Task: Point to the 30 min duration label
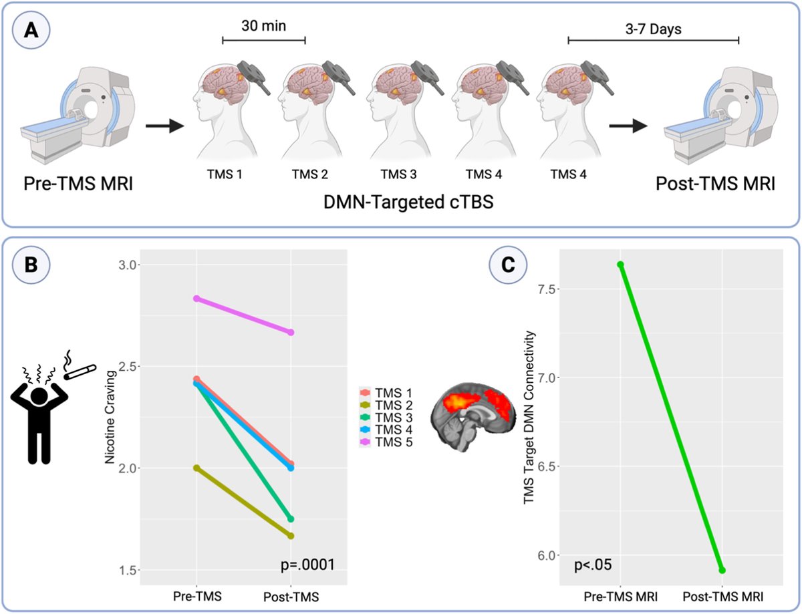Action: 263,26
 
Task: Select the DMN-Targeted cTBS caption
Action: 399,201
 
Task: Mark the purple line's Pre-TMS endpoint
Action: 196,299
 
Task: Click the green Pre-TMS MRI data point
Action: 621,265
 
